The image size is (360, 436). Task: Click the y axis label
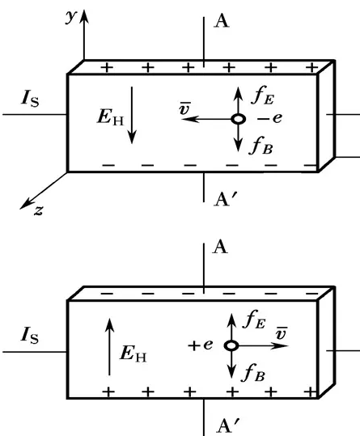pyautogui.click(x=70, y=17)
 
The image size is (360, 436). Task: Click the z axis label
pyautogui.click(x=39, y=211)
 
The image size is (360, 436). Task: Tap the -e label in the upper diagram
pyautogui.click(x=269, y=118)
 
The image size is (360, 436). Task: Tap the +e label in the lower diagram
pyautogui.click(x=201, y=345)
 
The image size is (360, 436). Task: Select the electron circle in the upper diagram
pyautogui.click(x=238, y=119)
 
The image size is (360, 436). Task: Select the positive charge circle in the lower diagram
pyautogui.click(x=231, y=345)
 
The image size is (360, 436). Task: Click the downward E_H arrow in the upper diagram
pyautogui.click(x=132, y=115)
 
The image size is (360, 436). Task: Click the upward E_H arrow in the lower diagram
pyautogui.click(x=109, y=347)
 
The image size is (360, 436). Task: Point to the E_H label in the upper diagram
pyautogui.click(x=111, y=117)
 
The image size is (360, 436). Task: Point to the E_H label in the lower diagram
pyautogui.click(x=133, y=354)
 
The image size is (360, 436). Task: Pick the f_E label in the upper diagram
pyautogui.click(x=262, y=95)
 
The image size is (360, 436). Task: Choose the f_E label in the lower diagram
pyautogui.click(x=254, y=320)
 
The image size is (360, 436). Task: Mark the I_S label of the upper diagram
pyautogui.click(x=30, y=99)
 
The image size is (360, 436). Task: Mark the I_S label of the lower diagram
pyautogui.click(x=30, y=335)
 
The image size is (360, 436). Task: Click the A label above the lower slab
pyautogui.click(x=220, y=247)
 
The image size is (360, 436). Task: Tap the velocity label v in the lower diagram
pyautogui.click(x=282, y=333)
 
